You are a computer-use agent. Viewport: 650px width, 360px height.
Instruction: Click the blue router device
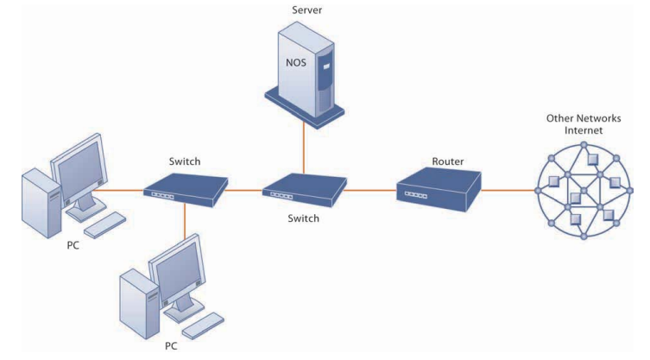[437, 187]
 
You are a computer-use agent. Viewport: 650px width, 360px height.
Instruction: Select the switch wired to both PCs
[185, 187]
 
